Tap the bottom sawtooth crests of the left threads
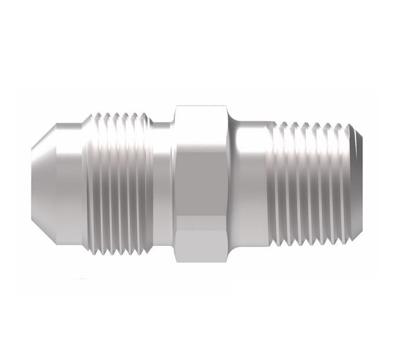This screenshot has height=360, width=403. pyautogui.click(x=121, y=244)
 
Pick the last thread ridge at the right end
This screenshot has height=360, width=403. pyautogui.click(x=353, y=179)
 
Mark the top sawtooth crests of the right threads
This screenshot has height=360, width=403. pyautogui.click(x=314, y=125)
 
